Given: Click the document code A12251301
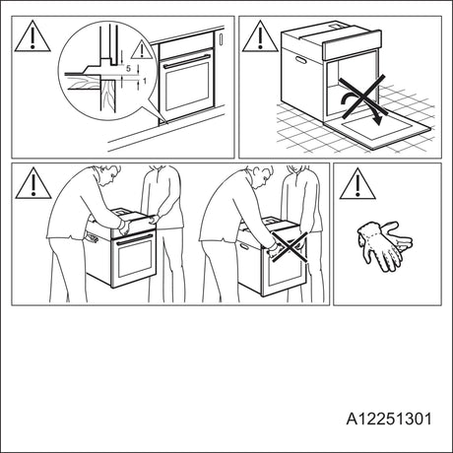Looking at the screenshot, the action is pos(389,419).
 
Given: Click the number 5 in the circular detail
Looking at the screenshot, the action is pos(128,69).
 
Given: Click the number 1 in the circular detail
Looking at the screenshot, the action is pos(144,80).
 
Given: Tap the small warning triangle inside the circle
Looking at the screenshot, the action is pos(142,49).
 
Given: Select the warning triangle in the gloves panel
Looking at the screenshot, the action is pos(357,184).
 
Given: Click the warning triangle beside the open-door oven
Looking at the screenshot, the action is pos(260,36).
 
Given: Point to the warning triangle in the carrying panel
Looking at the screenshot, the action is pos(33,183).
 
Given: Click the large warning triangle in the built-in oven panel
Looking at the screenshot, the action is pos(32,36).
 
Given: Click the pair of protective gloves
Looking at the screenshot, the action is pos(385,245).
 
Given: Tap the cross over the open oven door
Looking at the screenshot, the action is pos(361,97).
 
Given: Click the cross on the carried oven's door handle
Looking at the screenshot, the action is pos(290,247).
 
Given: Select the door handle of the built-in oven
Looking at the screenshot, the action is pos(186,61).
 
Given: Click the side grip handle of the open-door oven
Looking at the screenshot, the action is pos(300,60).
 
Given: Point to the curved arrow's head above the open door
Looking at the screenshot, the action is pos(378,120).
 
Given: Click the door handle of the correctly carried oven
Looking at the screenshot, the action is pos(135,239).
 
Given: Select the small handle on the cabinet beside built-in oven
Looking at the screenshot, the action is pos(221,38).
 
